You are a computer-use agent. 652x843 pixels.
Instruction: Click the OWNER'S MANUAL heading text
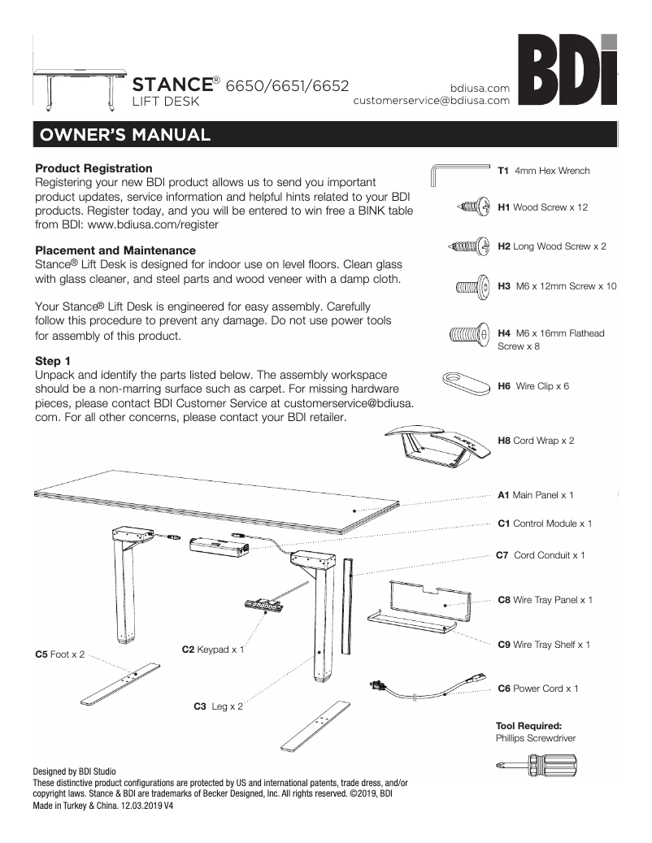(122, 134)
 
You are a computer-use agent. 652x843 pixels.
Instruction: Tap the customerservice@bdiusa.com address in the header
(431, 101)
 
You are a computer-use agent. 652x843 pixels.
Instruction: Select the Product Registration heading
(93, 168)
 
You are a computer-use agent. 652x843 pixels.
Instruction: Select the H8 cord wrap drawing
(439, 443)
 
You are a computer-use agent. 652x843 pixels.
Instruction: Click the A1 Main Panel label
(536, 494)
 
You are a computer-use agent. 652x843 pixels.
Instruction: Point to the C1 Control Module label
(545, 524)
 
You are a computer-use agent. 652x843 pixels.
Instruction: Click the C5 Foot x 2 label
(59, 654)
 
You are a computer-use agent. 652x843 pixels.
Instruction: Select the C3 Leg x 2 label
(218, 706)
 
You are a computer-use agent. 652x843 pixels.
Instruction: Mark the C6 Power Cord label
(537, 689)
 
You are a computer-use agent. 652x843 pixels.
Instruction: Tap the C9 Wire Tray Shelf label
(544, 645)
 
